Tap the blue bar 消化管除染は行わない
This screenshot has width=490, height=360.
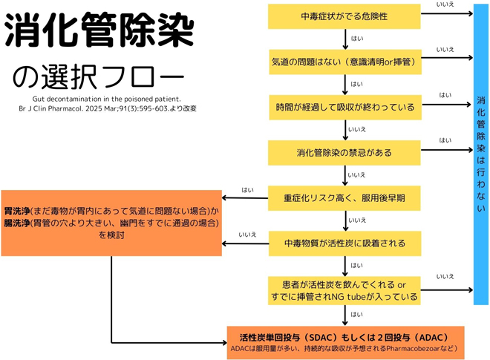481,153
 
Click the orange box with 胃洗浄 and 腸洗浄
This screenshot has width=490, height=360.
111,222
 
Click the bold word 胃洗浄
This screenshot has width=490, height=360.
17,200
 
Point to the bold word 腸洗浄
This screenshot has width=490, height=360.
17,222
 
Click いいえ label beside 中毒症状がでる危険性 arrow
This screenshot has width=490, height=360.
446,5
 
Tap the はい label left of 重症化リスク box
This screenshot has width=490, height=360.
247,190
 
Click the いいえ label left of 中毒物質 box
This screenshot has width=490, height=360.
247,235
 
